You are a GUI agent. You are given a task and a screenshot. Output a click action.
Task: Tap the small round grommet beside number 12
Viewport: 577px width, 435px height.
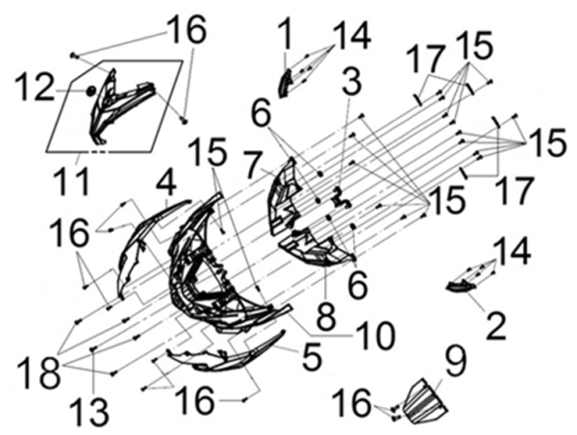click(x=91, y=90)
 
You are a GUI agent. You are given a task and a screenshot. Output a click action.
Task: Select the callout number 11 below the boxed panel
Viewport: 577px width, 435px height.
click(x=72, y=181)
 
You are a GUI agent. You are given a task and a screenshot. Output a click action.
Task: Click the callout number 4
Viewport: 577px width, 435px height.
click(x=166, y=187)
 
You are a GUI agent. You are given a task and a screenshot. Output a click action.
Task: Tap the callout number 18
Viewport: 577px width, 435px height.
click(x=39, y=372)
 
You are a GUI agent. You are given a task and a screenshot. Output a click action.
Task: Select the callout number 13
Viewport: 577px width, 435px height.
click(x=89, y=411)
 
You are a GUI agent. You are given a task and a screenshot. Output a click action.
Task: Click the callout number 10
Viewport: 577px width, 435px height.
click(x=375, y=335)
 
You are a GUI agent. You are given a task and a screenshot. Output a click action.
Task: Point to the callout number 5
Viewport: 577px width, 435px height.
click(x=312, y=356)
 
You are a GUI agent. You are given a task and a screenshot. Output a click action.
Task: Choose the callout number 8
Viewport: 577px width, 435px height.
click(x=326, y=316)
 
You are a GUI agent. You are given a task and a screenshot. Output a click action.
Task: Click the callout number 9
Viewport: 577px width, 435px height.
click(x=455, y=361)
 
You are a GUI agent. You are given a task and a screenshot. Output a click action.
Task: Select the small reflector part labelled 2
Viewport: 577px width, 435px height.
click(x=461, y=286)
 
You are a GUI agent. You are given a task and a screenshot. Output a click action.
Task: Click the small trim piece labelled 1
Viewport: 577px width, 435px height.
click(x=286, y=84)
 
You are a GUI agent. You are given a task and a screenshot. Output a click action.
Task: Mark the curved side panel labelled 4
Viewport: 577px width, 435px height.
click(x=153, y=247)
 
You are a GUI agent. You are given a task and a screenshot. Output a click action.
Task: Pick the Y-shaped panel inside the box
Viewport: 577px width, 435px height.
click(x=121, y=105)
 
